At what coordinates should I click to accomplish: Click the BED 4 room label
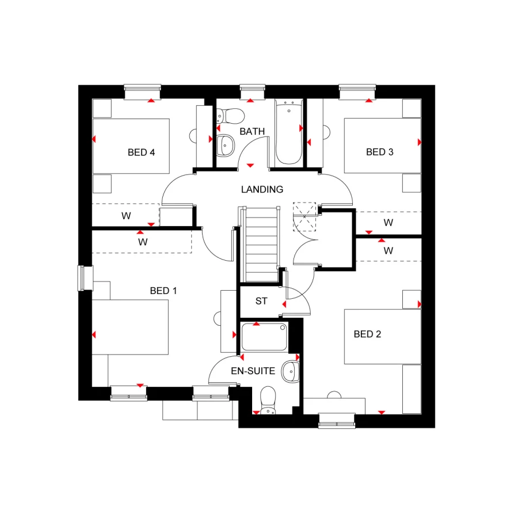point(141,153)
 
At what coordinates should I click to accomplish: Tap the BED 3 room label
point(379,152)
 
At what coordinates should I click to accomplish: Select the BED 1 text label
point(163,291)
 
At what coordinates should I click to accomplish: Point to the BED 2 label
point(367,334)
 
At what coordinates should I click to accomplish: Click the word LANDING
point(262,189)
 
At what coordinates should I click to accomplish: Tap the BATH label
point(252,131)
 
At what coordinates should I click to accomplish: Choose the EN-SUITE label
point(253,371)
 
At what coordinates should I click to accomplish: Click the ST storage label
point(261,301)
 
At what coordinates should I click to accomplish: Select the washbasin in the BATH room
point(225,145)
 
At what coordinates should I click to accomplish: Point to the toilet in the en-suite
point(267,400)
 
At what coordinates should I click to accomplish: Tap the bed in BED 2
point(382,337)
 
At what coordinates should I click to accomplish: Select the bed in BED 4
point(131,146)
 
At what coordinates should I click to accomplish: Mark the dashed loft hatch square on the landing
point(304,216)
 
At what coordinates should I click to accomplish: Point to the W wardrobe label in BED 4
point(125,216)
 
